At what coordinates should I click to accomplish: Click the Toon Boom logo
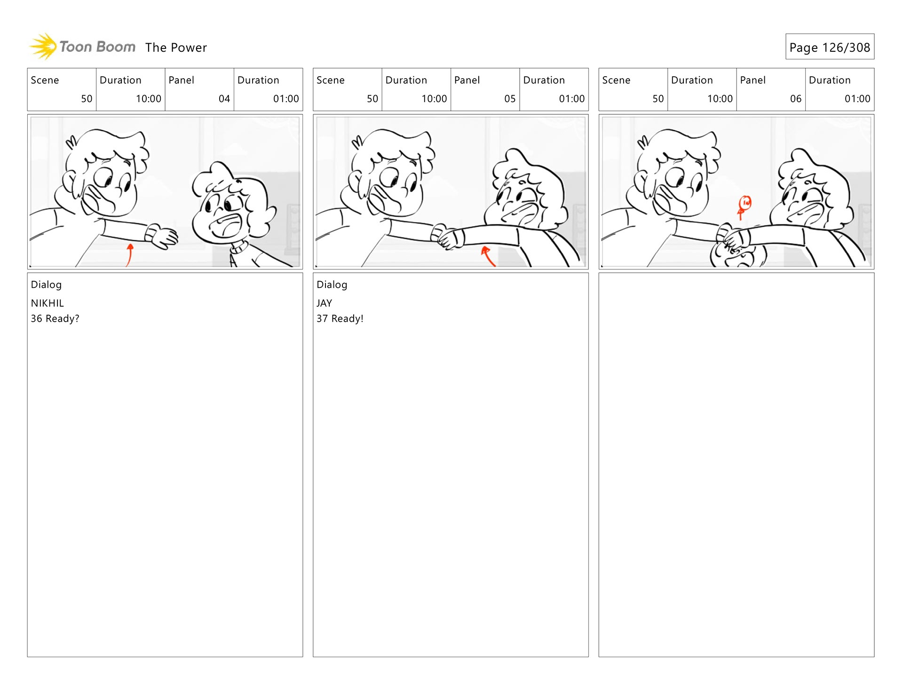(82, 47)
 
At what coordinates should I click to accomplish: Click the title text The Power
(176, 48)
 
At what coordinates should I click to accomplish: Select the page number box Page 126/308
(830, 47)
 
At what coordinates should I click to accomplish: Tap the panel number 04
(224, 99)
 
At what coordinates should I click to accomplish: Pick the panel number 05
(510, 99)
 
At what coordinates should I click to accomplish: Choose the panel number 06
(796, 99)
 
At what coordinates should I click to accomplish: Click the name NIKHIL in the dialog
(48, 303)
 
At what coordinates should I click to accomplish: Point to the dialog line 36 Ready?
(55, 319)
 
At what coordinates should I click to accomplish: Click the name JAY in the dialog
(325, 303)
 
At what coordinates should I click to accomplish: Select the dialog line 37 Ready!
(340, 319)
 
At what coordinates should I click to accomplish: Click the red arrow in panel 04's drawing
(129, 255)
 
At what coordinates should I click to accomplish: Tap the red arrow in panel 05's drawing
(487, 256)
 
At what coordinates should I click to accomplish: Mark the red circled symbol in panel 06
(744, 207)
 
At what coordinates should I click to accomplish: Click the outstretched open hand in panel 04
(163, 237)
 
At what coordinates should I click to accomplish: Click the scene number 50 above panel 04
(87, 99)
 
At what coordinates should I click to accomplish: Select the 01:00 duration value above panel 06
(857, 99)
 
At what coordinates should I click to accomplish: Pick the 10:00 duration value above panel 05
(434, 99)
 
